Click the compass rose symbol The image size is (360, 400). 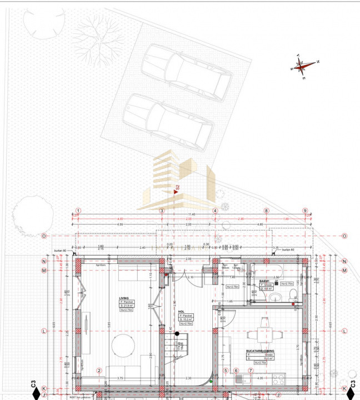[304, 66]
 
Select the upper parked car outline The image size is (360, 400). [186, 72]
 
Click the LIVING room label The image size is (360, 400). [123, 298]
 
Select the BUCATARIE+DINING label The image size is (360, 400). [258, 351]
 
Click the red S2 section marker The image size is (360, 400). [177, 189]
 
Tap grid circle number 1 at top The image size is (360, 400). [78, 211]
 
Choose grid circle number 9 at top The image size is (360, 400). [305, 211]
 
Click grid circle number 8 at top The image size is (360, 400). [266, 211]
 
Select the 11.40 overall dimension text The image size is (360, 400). [192, 214]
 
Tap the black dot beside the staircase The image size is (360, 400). [177, 334]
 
